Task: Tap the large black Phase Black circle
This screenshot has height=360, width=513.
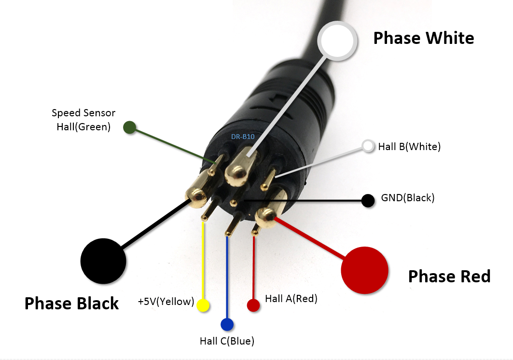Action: pyautogui.click(x=103, y=261)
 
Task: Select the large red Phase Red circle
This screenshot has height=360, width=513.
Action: pyautogui.click(x=364, y=270)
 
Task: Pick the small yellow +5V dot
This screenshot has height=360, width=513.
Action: pyautogui.click(x=203, y=305)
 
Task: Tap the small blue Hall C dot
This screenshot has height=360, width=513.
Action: pyautogui.click(x=227, y=324)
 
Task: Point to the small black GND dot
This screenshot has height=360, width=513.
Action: pyautogui.click(x=368, y=200)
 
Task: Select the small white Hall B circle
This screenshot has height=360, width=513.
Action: pyautogui.click(x=369, y=146)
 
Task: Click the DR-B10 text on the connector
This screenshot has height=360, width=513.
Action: pyautogui.click(x=243, y=137)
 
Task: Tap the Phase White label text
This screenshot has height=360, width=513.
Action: pyautogui.click(x=424, y=38)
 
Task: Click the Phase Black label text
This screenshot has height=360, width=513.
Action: pyautogui.click(x=71, y=304)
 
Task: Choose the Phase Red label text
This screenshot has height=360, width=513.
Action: pyautogui.click(x=449, y=277)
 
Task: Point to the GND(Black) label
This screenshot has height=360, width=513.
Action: pyautogui.click(x=408, y=197)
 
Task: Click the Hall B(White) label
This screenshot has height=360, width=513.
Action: pyautogui.click(x=409, y=146)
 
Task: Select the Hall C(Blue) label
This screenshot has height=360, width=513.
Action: pyautogui.click(x=227, y=341)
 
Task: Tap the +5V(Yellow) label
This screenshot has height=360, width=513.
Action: pyautogui.click(x=166, y=302)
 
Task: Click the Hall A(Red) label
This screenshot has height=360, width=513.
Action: pyautogui.click(x=291, y=299)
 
